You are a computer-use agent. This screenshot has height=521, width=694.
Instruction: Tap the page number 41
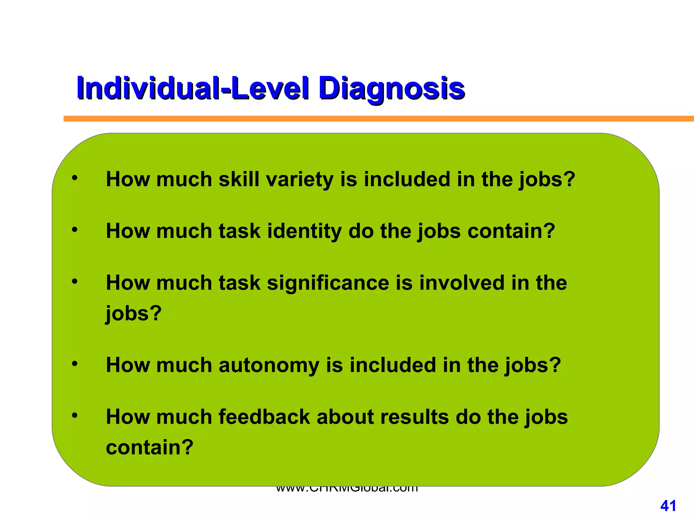coord(668,506)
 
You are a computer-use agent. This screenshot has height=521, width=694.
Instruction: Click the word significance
coord(328,283)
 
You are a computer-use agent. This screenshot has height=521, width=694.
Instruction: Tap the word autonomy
coord(269,366)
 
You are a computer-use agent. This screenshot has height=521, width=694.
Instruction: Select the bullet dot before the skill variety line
coord(75,178)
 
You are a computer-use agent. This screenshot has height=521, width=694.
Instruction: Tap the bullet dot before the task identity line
coord(75,230)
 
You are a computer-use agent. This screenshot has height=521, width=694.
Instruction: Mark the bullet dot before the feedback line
coord(75,416)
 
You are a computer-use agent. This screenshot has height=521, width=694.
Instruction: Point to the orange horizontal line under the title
coord(373,119)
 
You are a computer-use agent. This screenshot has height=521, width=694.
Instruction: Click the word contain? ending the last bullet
coord(149,447)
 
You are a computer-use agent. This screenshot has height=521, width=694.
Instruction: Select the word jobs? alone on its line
coord(134,313)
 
